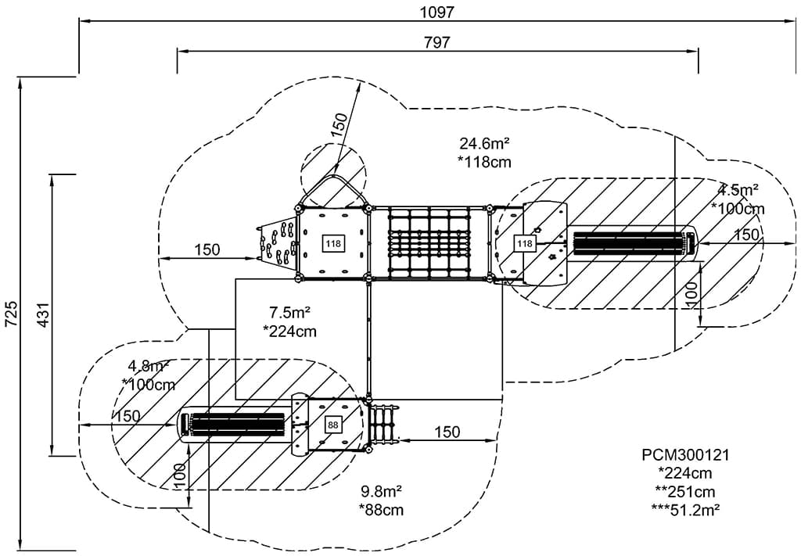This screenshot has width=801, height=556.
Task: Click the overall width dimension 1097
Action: point(437,12)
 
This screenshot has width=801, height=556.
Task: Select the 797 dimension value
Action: point(437,42)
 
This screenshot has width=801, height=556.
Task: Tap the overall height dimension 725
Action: point(10,314)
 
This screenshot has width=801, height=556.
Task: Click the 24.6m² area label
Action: point(484,143)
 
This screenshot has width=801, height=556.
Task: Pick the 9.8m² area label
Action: point(381,492)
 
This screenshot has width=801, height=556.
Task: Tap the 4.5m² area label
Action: point(738,190)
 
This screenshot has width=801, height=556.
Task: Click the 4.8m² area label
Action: point(149,365)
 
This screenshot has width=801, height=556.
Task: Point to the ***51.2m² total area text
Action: point(685,509)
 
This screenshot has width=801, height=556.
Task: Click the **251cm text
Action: point(685,491)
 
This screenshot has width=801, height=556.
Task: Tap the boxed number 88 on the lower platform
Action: point(333,425)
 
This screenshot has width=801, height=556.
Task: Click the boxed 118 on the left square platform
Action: point(333,244)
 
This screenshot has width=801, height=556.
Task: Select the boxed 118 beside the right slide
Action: point(524,244)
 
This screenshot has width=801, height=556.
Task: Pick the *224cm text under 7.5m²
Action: point(289,331)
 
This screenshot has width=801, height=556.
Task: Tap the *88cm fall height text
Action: point(381,511)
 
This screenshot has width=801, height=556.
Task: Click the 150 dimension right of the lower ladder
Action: point(447,432)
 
